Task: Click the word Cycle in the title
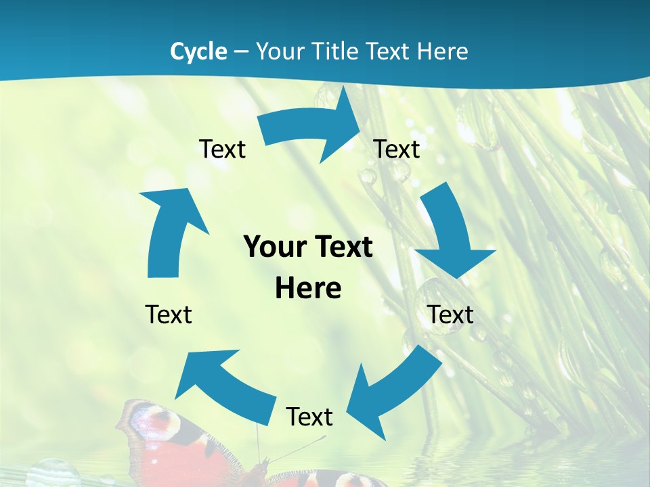(198, 51)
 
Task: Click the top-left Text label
(222, 149)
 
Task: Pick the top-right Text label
(397, 149)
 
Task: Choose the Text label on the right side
(450, 315)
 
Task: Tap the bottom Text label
(309, 417)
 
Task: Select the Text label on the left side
(169, 315)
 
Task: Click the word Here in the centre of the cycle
(308, 288)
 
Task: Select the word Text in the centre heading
(344, 247)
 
